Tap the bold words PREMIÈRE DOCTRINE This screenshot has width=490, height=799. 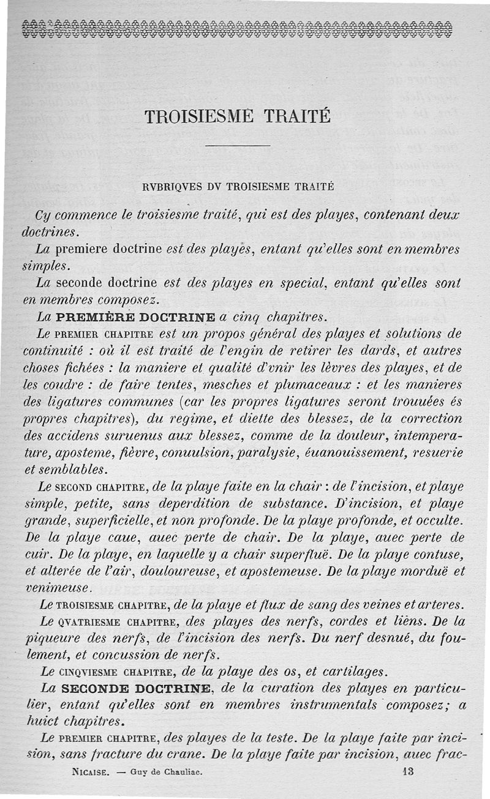136,318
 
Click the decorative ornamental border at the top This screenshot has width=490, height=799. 236,29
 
